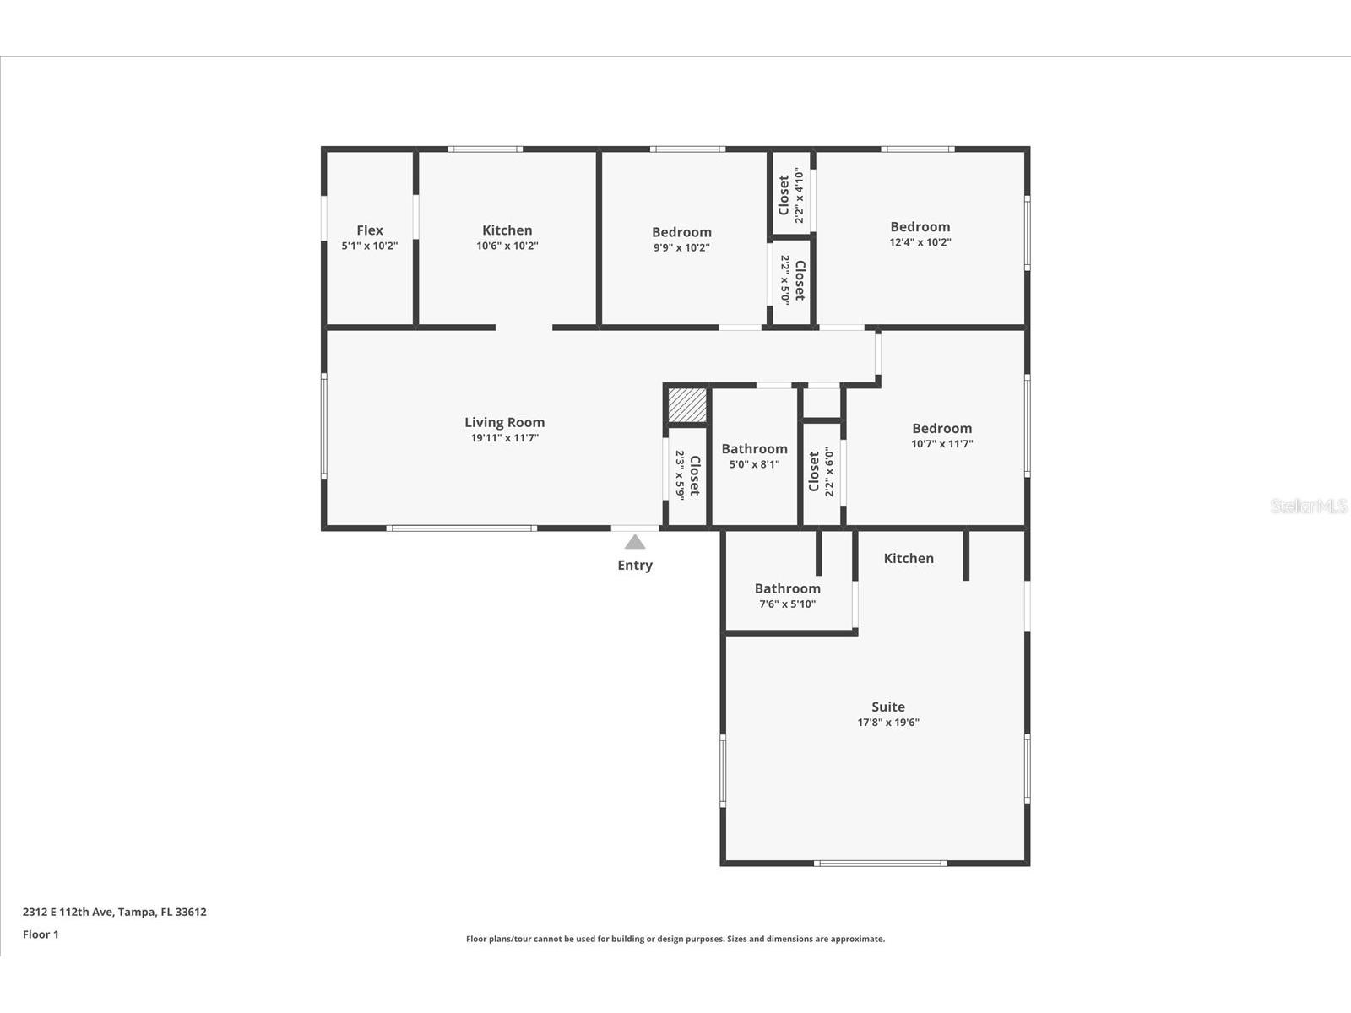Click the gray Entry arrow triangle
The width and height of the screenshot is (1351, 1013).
(635, 542)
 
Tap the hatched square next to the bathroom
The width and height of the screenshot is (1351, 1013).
(687, 405)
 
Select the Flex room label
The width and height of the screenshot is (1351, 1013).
(370, 230)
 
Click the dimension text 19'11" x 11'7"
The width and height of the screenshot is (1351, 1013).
(504, 438)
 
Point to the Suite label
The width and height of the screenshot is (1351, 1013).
(888, 707)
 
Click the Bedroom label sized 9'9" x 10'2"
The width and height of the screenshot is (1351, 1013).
(681, 232)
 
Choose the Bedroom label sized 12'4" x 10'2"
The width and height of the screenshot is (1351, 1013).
(920, 227)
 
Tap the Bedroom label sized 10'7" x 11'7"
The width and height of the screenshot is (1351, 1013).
(941, 429)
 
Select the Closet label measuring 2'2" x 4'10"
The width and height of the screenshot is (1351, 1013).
(784, 195)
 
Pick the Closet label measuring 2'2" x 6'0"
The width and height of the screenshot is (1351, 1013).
(813, 471)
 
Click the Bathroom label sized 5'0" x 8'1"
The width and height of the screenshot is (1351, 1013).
(754, 449)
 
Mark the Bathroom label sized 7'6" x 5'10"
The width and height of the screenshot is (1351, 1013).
(787, 589)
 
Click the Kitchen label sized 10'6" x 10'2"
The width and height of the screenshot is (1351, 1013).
(507, 230)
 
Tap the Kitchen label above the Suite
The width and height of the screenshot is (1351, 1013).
(909, 558)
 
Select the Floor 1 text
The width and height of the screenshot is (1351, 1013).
(41, 934)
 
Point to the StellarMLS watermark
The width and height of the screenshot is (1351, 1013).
(1309, 506)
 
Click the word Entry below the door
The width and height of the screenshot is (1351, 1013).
(635, 566)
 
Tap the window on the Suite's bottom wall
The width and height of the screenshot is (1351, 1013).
(880, 863)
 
